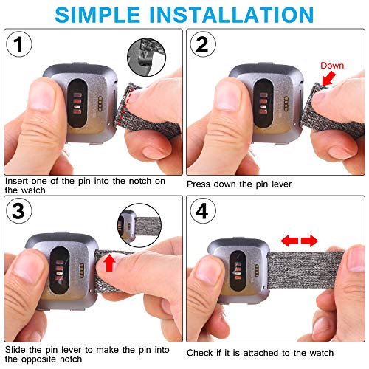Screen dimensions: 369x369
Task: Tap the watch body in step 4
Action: (235, 273)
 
